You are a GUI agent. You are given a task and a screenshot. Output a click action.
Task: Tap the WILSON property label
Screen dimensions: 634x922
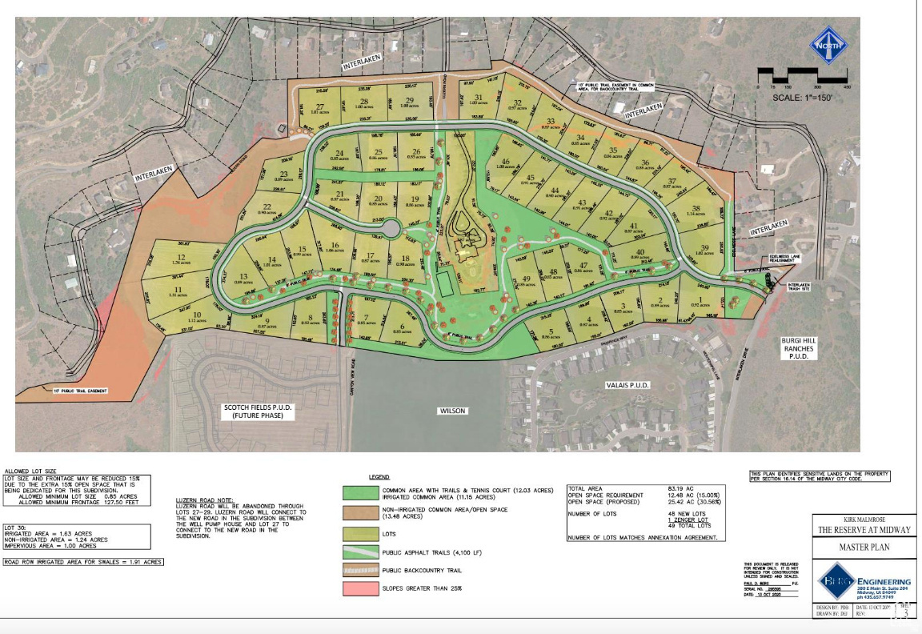coord(451,411)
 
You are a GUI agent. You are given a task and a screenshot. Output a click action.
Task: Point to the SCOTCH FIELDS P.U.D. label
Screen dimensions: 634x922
coord(258,411)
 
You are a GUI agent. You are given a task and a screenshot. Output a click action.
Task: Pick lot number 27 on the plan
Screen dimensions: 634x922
coord(320,108)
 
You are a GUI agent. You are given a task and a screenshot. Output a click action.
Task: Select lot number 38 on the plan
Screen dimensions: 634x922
coord(696,209)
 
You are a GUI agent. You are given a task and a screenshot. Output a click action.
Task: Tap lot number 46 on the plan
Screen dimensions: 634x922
coord(505,162)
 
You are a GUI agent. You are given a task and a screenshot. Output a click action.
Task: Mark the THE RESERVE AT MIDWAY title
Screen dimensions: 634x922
coord(864,530)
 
